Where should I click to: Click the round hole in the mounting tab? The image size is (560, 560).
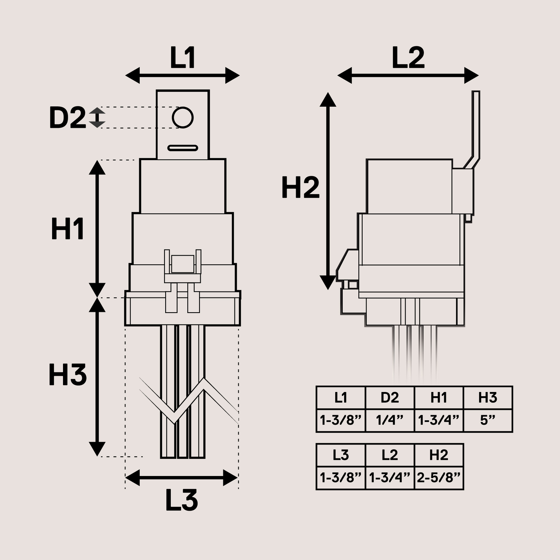coord(183,118)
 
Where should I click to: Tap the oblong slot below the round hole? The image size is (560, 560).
coord(183,148)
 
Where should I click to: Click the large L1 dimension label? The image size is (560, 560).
coord(182,58)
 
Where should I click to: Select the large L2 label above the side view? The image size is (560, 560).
coord(408,58)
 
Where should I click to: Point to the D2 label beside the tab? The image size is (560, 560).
coord(67,118)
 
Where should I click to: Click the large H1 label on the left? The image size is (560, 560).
coord(68,229)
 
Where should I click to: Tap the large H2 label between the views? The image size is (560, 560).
coord(301,188)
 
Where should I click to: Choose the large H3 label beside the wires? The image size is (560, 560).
coord(68,375)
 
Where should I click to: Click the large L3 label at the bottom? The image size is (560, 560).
coord(182,500)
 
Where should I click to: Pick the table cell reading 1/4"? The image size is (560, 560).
coord(390,420)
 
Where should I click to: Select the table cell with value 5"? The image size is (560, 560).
coord(488,420)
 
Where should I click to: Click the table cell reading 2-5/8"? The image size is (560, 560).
coord(439,478)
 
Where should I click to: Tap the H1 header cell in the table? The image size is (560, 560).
coord(439,398)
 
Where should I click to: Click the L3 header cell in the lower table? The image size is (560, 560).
coord(341,455)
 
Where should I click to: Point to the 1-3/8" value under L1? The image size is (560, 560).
coord(341,420)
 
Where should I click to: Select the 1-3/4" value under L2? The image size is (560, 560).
coord(390,478)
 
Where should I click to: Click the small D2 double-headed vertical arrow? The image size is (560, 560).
coord(97,118)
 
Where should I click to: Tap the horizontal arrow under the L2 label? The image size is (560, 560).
coord(408,76)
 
